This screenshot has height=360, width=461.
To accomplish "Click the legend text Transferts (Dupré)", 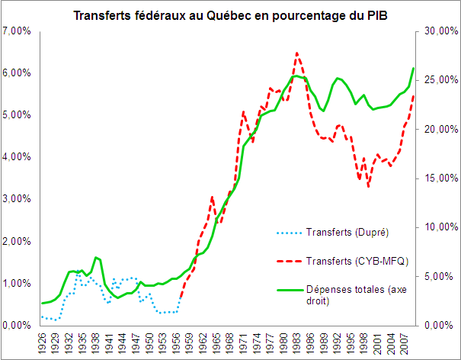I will [344, 232].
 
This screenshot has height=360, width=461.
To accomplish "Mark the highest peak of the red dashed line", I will [297, 53].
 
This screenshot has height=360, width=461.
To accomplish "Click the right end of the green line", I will [414, 69].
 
